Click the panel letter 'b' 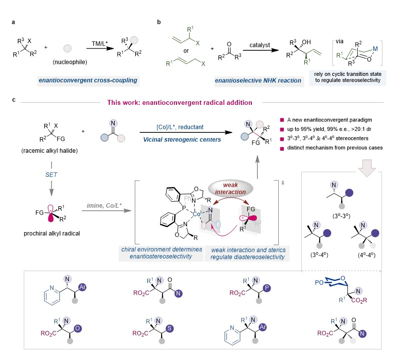coord(159,22)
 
